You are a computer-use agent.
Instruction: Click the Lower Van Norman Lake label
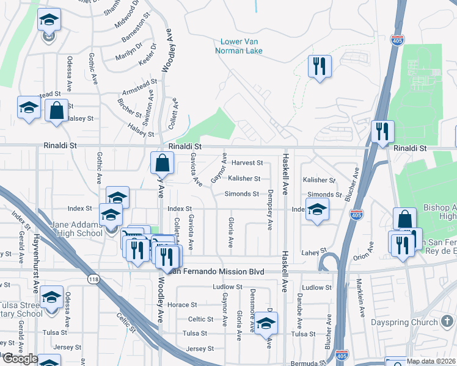[241, 46]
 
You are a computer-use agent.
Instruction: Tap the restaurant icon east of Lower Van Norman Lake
[318, 66]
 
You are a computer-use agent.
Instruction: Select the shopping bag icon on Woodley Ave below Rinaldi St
[162, 163]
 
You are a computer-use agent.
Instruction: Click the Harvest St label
[247, 163]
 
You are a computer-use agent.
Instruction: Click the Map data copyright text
[430, 361]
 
